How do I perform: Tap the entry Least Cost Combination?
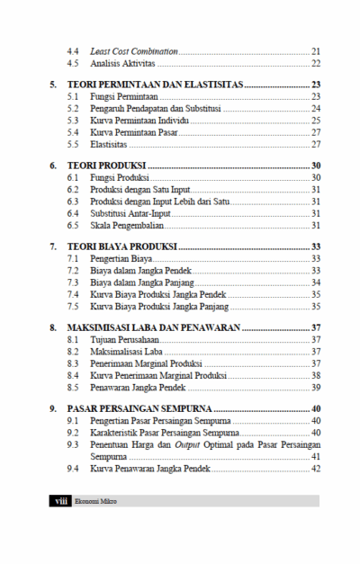tap(134, 51)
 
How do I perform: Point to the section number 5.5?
tap(73, 144)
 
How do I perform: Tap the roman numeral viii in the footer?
tap(59, 501)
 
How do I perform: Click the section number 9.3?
tap(73, 444)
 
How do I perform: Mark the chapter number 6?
tap(53, 166)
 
